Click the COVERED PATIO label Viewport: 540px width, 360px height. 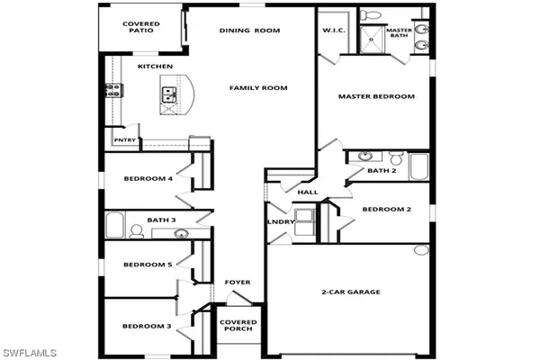coord(141,27)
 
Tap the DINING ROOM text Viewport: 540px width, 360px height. coord(249,31)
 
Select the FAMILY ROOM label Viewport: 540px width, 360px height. coord(258,88)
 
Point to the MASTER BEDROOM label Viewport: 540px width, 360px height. coord(376,96)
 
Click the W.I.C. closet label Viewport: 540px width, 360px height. coord(334,31)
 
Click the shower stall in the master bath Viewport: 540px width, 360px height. coord(371,40)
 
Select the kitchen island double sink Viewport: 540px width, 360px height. coord(169,95)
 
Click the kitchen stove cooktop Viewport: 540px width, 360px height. coord(113,90)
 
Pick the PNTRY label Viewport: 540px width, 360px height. coord(125,140)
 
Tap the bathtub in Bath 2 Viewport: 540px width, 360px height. coord(418,166)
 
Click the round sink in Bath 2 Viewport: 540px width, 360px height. coord(364,156)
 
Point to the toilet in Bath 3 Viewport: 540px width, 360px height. coord(137,231)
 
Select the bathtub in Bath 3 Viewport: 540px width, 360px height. coord(114,225)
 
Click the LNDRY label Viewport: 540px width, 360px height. coord(281,222)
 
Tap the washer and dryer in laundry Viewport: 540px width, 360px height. coord(305,222)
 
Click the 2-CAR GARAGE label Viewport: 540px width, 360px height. coord(351,292)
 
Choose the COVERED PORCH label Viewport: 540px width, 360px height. coord(238,326)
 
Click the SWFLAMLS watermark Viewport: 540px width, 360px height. coord(30,353)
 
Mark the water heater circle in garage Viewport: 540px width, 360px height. coord(421,250)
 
